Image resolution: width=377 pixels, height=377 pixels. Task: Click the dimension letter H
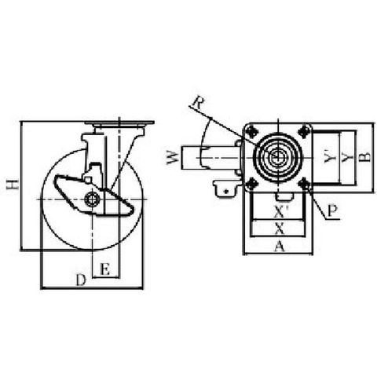(x=13, y=184)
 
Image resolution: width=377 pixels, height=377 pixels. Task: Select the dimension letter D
(x=81, y=280)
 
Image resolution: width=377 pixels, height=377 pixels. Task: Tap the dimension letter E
(x=105, y=269)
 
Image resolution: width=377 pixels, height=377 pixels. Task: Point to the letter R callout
(x=197, y=103)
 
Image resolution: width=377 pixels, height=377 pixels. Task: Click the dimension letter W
(x=174, y=158)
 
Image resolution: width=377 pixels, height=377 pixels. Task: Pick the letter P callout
(x=332, y=211)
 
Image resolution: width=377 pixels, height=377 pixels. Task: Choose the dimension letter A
(x=280, y=247)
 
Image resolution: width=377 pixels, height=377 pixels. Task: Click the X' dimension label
(x=280, y=213)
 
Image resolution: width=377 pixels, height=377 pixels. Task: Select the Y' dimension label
(x=329, y=157)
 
